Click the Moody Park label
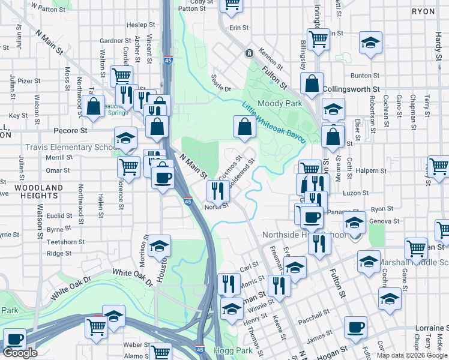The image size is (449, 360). click(x=280, y=103)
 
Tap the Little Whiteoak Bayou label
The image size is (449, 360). click(x=274, y=121)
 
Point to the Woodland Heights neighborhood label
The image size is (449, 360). click(x=39, y=191)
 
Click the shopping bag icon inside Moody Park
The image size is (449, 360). click(x=244, y=127)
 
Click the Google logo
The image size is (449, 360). click(x=20, y=353)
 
